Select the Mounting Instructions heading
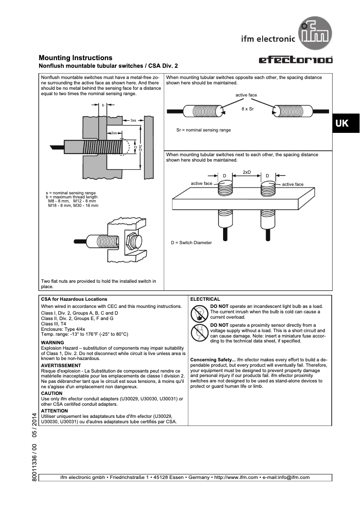pyautogui.click(x=75, y=58)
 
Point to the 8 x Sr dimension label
pyautogui.click(x=247, y=109)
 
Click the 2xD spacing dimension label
pyautogui.click(x=246, y=172)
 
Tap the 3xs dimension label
pyautogui.click(x=133, y=120)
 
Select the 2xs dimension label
pyautogui.click(x=114, y=133)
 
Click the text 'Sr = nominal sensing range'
pyautogui.click(x=203, y=130)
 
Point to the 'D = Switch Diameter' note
pyautogui.click(x=191, y=242)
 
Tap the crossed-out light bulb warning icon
pyautogui.click(x=198, y=312)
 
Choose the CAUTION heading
pyautogui.click(x=52, y=393)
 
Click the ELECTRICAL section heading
pyautogui.click(x=205, y=299)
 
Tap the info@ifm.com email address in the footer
pyautogui.click(x=291, y=477)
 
